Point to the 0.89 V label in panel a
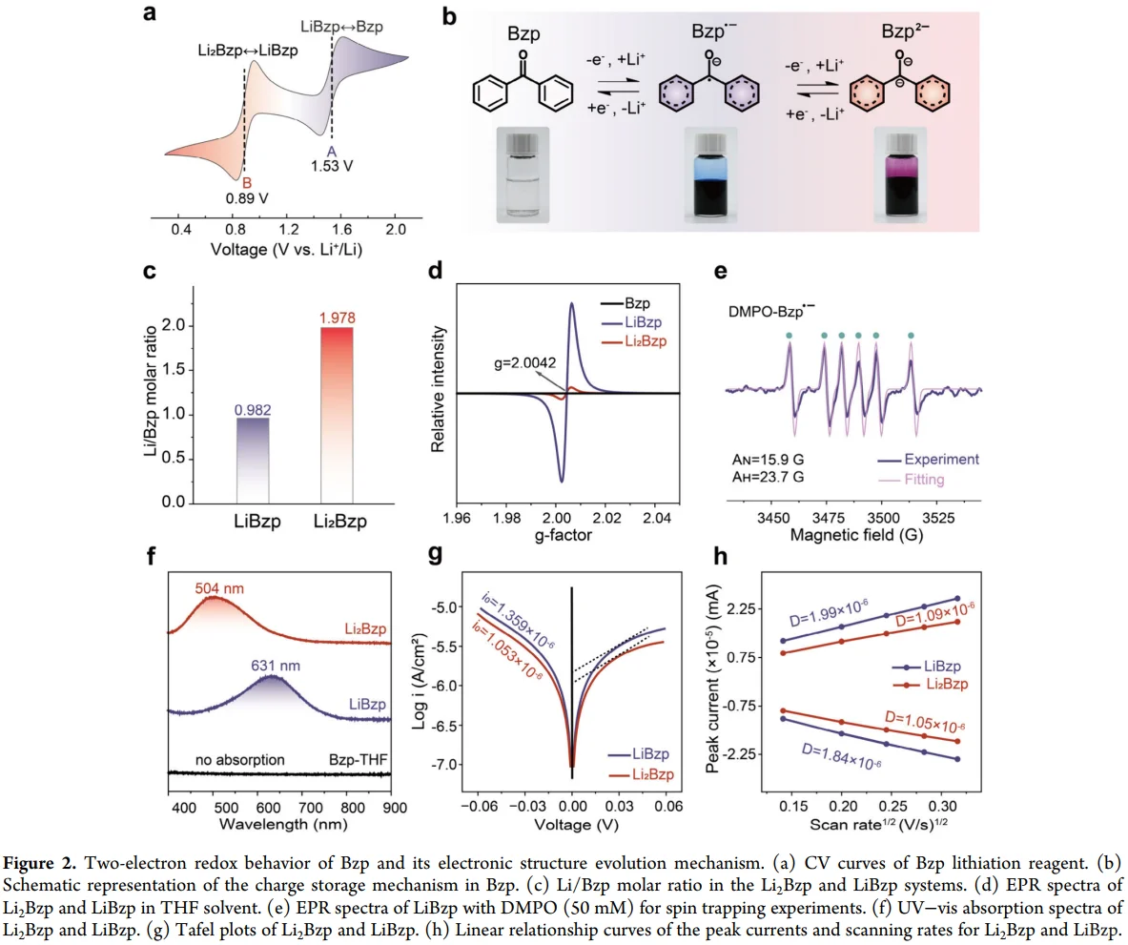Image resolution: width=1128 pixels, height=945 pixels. coord(246,199)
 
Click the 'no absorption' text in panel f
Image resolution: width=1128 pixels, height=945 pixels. coord(240,760)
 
